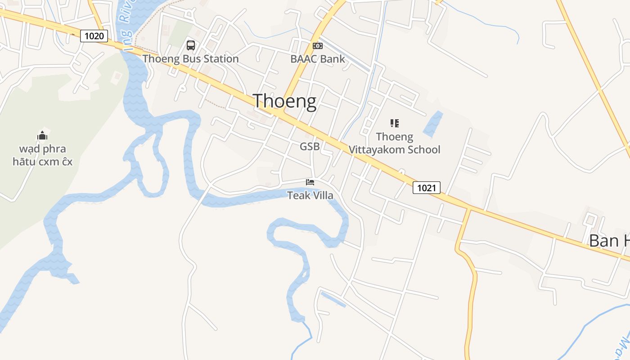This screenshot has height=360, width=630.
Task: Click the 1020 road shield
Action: click(94, 36)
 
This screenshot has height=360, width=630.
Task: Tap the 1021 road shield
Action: click(426, 188)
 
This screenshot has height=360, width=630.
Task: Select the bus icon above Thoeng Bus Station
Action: click(191, 45)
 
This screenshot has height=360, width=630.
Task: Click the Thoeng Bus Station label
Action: click(190, 59)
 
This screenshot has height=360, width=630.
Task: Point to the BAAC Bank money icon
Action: click(318, 45)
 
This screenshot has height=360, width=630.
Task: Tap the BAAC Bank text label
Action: click(318, 59)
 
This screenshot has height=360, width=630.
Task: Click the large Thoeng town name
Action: click(284, 101)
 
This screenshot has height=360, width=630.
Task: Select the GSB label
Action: click(310, 146)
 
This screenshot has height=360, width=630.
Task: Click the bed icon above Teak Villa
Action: click(310, 182)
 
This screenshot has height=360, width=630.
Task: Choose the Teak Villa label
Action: click(310, 195)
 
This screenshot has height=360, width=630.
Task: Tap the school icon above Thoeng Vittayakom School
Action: click(395, 123)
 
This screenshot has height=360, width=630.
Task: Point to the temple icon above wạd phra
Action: click(42, 135)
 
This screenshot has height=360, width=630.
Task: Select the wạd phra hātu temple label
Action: click(42, 155)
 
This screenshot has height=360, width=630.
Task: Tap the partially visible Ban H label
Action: click(609, 241)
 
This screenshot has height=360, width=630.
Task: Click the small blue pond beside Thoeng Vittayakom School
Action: click(432, 124)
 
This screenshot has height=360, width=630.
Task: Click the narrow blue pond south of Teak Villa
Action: click(333, 299)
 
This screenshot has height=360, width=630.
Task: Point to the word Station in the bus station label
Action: click(221, 59)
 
